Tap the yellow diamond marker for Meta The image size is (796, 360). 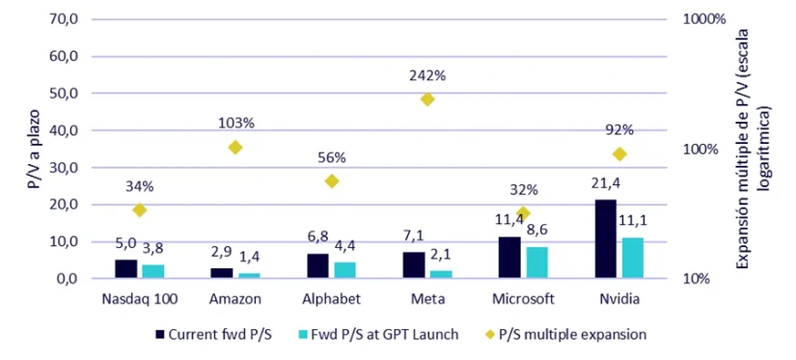point(427,99)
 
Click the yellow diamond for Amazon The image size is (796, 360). point(235,147)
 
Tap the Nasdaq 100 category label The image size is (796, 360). point(138,298)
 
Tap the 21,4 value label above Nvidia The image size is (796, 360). point(603,184)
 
